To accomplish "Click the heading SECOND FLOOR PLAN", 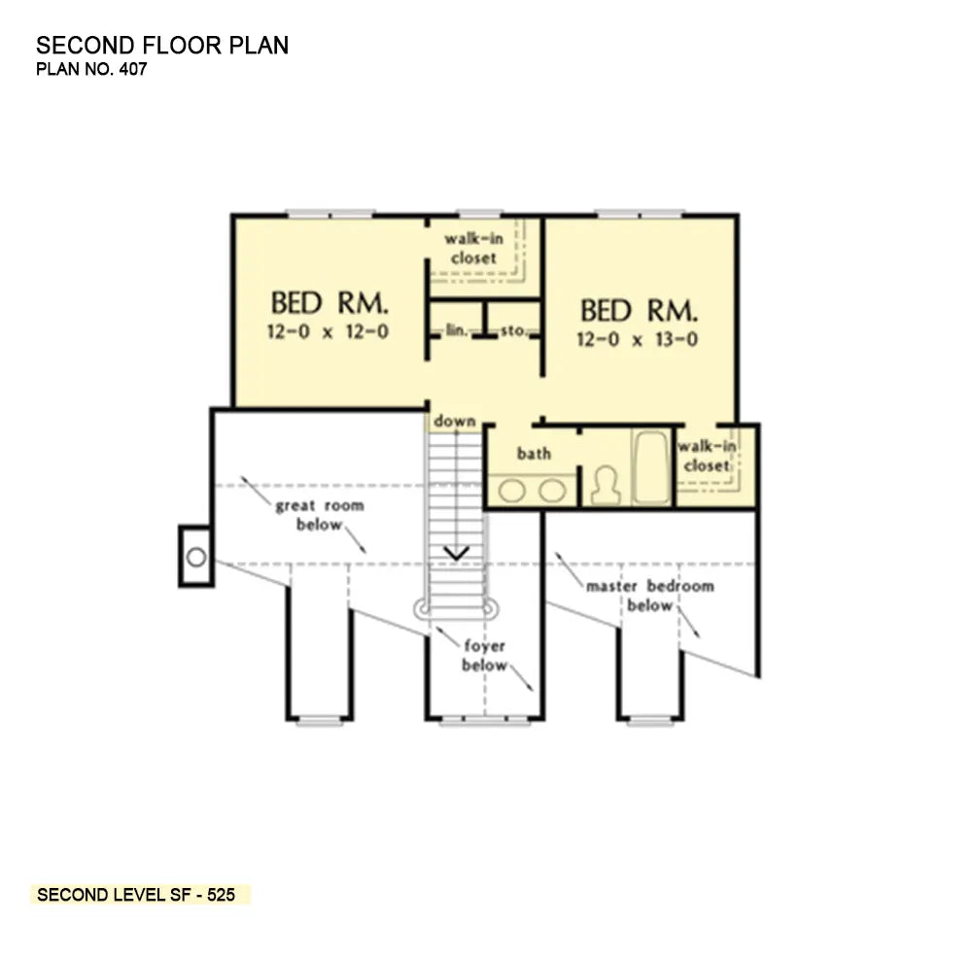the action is pos(162,46).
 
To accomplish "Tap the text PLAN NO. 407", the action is pos(91,69).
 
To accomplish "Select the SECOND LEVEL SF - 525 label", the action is pos(136,895).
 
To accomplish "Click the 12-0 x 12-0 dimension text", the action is pos(328,331).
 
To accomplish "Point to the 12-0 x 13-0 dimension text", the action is pos(638,339).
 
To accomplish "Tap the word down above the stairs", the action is pos(454,421).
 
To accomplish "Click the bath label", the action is pos(534,453).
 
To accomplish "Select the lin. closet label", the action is pos(457,330).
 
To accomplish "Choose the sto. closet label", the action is pos(513,330).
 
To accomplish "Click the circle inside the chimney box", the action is pos(196,558).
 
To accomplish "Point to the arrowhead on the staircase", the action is pos(456,553).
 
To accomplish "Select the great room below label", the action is pos(319,515).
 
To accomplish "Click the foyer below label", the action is pos(484,655).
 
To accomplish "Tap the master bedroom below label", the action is pos(649,595).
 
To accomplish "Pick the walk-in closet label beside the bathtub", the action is pos(707,456).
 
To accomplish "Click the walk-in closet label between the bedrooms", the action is pos(473,248).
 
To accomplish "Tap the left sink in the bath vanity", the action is pos(512,491).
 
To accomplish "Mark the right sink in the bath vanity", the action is pos(552,491).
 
